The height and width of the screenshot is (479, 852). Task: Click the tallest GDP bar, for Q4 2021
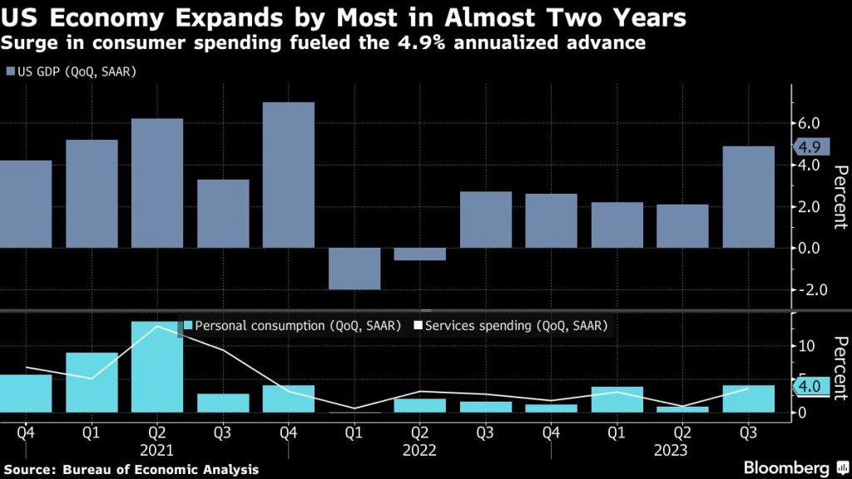(x=289, y=175)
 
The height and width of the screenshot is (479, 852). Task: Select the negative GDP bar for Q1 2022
(x=354, y=269)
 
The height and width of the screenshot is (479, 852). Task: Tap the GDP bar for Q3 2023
(x=748, y=197)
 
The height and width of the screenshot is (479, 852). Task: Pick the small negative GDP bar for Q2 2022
(x=420, y=254)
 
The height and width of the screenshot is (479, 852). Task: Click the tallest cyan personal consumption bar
(x=157, y=367)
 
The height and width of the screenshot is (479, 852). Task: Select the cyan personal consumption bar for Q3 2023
(x=748, y=398)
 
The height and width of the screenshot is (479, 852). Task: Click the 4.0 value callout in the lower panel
(x=808, y=386)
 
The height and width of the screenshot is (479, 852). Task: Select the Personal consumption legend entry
(x=291, y=325)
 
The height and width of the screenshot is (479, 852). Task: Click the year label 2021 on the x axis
(x=157, y=449)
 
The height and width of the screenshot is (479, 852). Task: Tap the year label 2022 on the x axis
(x=420, y=449)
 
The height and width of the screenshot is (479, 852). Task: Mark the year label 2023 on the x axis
(x=682, y=449)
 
